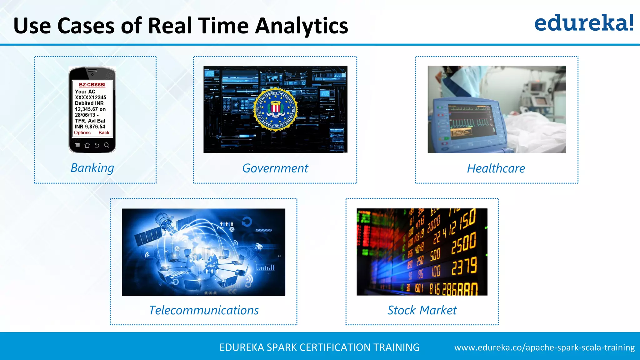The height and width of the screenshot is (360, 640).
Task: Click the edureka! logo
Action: click(584, 23)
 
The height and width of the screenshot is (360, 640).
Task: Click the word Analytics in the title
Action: click(301, 26)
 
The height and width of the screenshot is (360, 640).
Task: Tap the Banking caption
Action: click(92, 168)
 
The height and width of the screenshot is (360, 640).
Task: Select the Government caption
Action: click(275, 168)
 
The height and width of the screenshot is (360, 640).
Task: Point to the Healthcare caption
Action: click(496, 168)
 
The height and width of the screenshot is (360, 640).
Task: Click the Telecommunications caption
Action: click(204, 310)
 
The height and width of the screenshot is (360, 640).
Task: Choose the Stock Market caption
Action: click(422, 310)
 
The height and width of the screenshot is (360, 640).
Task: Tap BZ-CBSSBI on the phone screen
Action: click(92, 85)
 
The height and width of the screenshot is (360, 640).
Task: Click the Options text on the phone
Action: click(82, 132)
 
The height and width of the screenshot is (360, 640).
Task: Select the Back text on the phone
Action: click(104, 132)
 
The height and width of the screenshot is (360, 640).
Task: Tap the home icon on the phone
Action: click(87, 145)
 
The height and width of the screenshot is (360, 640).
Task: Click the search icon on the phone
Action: click(107, 145)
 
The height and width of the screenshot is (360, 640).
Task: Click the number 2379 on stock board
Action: click(464, 267)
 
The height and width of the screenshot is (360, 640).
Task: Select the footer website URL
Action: click(544, 347)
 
